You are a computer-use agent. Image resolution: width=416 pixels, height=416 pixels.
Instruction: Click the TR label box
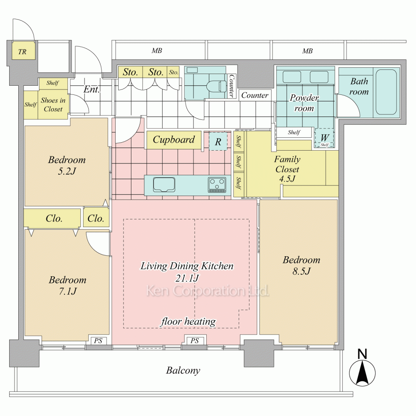(22, 52)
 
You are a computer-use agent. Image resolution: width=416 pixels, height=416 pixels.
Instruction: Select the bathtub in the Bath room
(386, 92)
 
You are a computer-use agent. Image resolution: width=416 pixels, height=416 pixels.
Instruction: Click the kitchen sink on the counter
(164, 184)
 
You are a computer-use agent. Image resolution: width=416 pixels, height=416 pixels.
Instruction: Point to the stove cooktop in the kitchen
(217, 185)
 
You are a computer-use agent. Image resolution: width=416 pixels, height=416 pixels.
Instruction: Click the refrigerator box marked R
(218, 141)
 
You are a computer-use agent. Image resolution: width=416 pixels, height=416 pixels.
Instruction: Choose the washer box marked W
(324, 138)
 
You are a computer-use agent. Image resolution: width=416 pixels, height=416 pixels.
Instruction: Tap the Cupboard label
(173, 140)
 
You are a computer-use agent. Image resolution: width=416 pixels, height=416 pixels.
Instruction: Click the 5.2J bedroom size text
(67, 171)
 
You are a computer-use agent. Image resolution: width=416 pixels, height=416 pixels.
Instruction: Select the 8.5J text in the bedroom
(302, 271)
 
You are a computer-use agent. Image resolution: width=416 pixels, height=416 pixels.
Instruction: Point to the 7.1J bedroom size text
(67, 291)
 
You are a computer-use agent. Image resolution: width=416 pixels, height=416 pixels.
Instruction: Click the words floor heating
(188, 321)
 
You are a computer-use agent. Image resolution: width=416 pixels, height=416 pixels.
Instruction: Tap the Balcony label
(183, 370)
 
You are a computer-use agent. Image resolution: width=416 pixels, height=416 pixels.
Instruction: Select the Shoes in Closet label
(53, 105)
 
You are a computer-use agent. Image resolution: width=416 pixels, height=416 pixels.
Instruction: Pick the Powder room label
(304, 103)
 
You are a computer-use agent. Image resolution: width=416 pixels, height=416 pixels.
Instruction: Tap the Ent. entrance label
(92, 89)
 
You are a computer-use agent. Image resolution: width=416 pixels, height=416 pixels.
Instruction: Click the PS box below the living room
(195, 341)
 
